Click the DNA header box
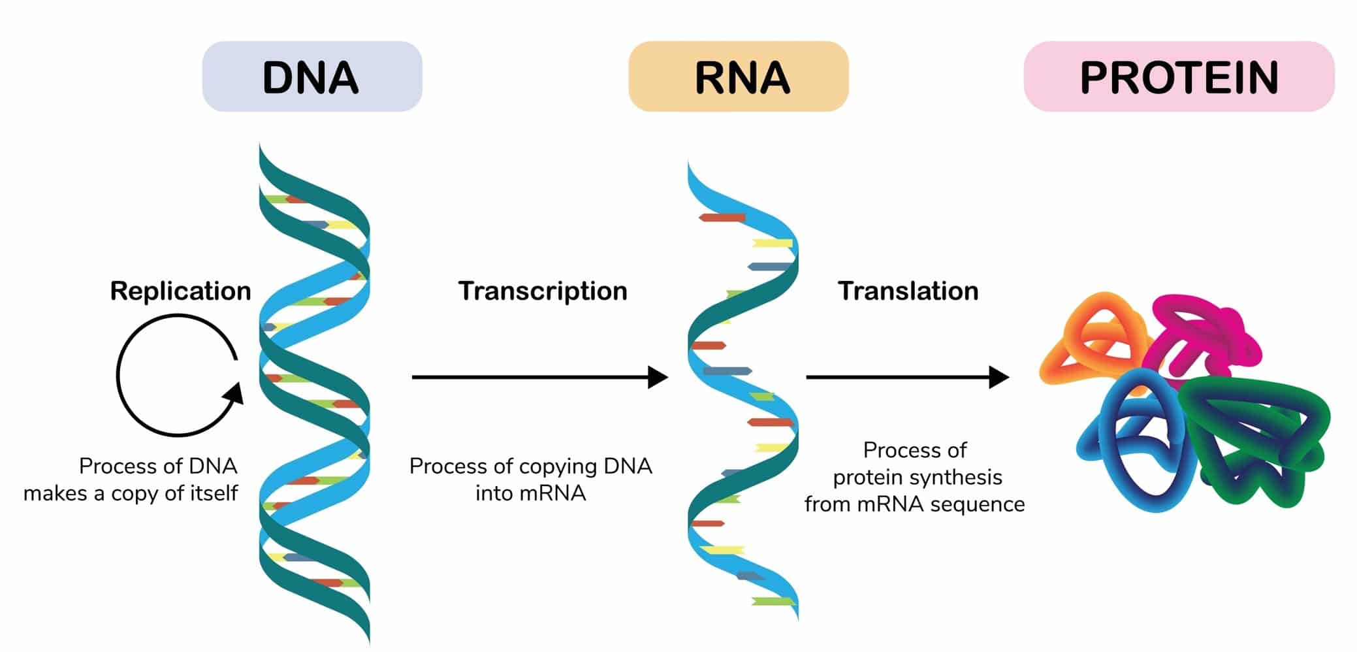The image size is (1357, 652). (x=312, y=76)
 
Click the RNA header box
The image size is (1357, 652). (x=739, y=76)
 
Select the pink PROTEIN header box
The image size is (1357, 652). (x=1179, y=76)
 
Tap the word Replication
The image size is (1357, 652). (x=180, y=291)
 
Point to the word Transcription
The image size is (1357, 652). (x=543, y=291)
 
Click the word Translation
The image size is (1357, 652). (x=908, y=291)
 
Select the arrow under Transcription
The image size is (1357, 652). (x=540, y=377)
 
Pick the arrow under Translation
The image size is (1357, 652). (x=908, y=377)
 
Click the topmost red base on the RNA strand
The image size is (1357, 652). (x=722, y=218)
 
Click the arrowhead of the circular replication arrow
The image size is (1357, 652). (x=234, y=393)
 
